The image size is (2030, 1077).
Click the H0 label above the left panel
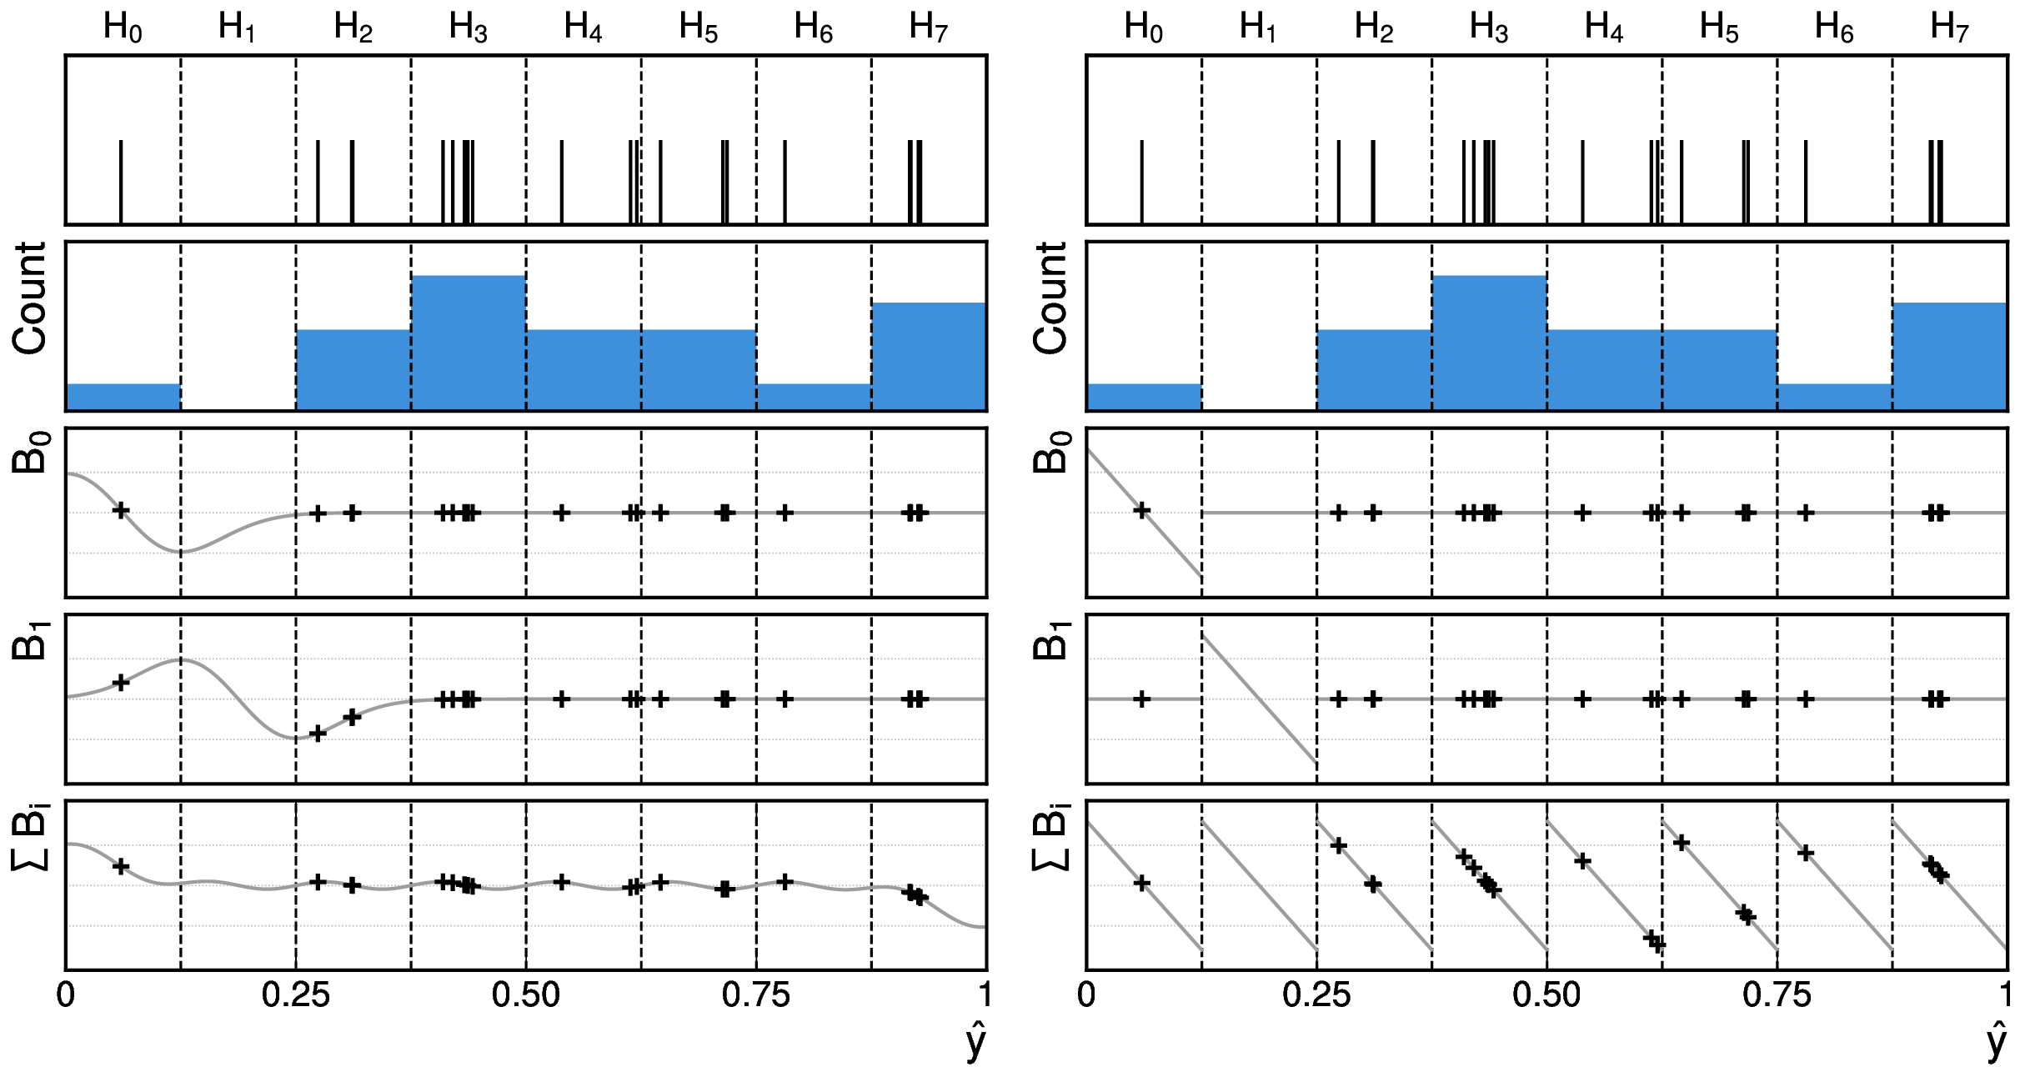tap(123, 28)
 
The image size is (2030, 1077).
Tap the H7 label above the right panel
tap(1949, 28)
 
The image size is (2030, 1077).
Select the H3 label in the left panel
tap(468, 28)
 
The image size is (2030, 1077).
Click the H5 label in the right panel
tap(1719, 28)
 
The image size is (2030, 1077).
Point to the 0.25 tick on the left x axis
tap(296, 995)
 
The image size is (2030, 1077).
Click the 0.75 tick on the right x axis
tap(1777, 995)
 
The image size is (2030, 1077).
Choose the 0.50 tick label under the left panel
tap(526, 995)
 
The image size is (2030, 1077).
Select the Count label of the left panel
tap(30, 298)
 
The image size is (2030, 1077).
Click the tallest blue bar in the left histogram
tap(469, 342)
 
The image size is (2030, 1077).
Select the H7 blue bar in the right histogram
tap(1949, 356)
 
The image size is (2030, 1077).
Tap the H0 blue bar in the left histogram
tap(123, 397)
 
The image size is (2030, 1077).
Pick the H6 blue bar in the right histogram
tap(1834, 397)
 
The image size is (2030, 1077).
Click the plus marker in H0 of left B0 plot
tap(121, 510)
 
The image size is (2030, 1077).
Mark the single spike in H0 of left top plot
tap(121, 182)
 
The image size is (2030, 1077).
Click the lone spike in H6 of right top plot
tap(1806, 182)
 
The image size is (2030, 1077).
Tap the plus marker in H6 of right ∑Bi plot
tap(1806, 853)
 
